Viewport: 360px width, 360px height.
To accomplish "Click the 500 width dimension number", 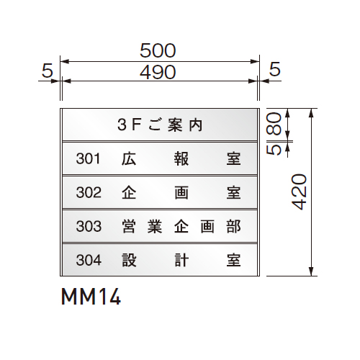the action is [x=158, y=50].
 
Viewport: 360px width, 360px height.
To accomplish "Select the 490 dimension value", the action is [x=158, y=72].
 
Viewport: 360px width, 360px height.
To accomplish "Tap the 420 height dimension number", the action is [x=299, y=192].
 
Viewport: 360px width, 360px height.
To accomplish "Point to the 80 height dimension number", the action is [x=274, y=124].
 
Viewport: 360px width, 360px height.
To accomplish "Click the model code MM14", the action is [x=91, y=297].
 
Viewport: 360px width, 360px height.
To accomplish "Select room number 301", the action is [x=88, y=158].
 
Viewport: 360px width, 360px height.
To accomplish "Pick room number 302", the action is [x=89, y=192].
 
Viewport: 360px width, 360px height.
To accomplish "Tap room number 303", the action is [x=89, y=226].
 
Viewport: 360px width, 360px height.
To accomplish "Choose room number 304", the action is [x=89, y=260].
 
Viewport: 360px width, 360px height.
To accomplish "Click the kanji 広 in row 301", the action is [x=129, y=158].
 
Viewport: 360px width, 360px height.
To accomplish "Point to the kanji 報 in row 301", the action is [x=181, y=158].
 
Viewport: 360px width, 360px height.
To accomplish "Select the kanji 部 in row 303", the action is [x=233, y=226].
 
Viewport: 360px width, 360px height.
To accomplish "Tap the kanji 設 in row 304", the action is [x=129, y=260].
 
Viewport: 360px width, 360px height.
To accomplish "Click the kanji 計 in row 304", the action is [x=181, y=260].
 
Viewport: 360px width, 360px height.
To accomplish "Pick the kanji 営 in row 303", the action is [x=129, y=226].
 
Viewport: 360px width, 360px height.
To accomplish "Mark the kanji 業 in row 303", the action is [x=155, y=226].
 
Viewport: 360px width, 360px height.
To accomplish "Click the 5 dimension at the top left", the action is [x=47, y=71].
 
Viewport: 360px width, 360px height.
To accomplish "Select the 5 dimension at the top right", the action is [x=275, y=69].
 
